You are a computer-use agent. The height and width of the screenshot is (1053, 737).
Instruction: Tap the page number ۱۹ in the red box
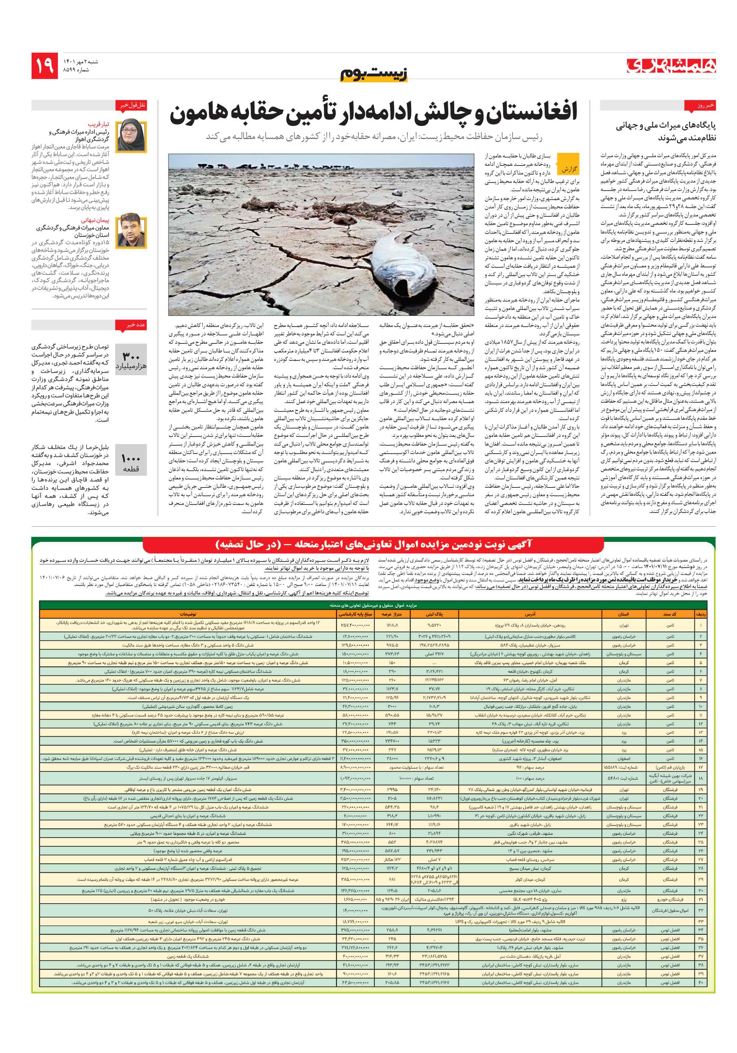pos(45,65)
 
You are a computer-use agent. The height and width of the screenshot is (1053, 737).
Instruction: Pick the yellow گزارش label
pos(569,169)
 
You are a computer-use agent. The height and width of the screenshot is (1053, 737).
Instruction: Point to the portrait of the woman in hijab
pos(132,136)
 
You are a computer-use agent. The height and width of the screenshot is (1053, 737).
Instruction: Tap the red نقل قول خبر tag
pos(132,106)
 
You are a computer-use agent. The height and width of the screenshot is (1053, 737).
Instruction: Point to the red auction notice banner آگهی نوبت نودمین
pos(373,544)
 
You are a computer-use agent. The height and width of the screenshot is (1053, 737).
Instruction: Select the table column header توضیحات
pos(188,614)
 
